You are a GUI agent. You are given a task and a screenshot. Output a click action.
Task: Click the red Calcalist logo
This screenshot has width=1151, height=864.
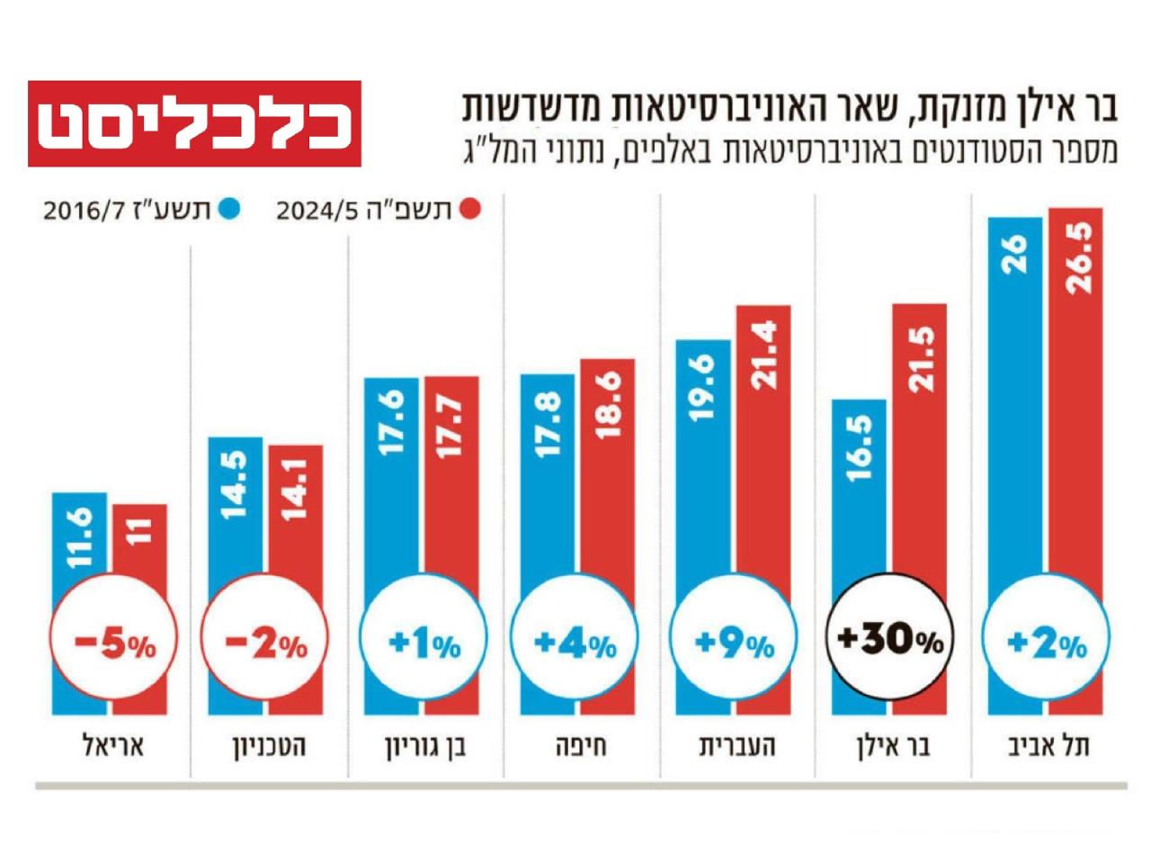(x=194, y=124)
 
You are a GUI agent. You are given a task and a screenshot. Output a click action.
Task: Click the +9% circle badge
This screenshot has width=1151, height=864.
(x=734, y=641)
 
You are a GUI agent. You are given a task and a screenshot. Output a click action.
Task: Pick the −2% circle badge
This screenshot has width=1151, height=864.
(x=265, y=641)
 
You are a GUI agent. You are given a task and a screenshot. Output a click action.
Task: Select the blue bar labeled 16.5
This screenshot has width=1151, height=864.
(x=859, y=495)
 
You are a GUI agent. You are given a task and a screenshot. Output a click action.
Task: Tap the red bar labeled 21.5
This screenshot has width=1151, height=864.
(x=919, y=450)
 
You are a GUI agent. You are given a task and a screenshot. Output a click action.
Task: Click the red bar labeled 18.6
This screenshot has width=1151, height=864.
(x=607, y=468)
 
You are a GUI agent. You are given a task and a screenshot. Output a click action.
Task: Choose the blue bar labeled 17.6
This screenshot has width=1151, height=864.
(x=391, y=477)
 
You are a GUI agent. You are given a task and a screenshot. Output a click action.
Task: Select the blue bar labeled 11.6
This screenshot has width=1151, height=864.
(x=79, y=540)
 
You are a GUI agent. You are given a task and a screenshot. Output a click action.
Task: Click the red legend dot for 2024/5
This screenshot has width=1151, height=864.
(x=468, y=210)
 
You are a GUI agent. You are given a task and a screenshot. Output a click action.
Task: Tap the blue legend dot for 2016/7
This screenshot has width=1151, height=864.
(x=231, y=210)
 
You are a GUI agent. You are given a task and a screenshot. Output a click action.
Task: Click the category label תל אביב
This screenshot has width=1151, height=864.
(x=1048, y=747)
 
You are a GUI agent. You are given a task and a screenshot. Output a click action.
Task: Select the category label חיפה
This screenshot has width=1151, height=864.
(x=580, y=747)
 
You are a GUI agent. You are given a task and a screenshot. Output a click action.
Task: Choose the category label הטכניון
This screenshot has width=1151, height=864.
(x=269, y=747)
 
